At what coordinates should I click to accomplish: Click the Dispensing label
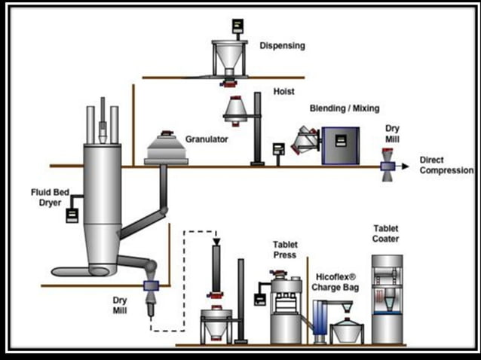(282, 45)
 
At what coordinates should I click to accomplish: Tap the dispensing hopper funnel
(234, 56)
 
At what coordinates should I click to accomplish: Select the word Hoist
(284, 92)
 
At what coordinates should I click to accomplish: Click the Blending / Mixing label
(345, 108)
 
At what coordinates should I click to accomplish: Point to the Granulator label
(207, 139)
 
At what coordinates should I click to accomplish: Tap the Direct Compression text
(446, 166)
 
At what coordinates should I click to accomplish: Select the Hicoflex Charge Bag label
(339, 282)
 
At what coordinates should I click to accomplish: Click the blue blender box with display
(339, 145)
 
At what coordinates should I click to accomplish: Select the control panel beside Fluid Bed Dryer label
(72, 215)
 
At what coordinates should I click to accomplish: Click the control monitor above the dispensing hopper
(237, 25)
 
